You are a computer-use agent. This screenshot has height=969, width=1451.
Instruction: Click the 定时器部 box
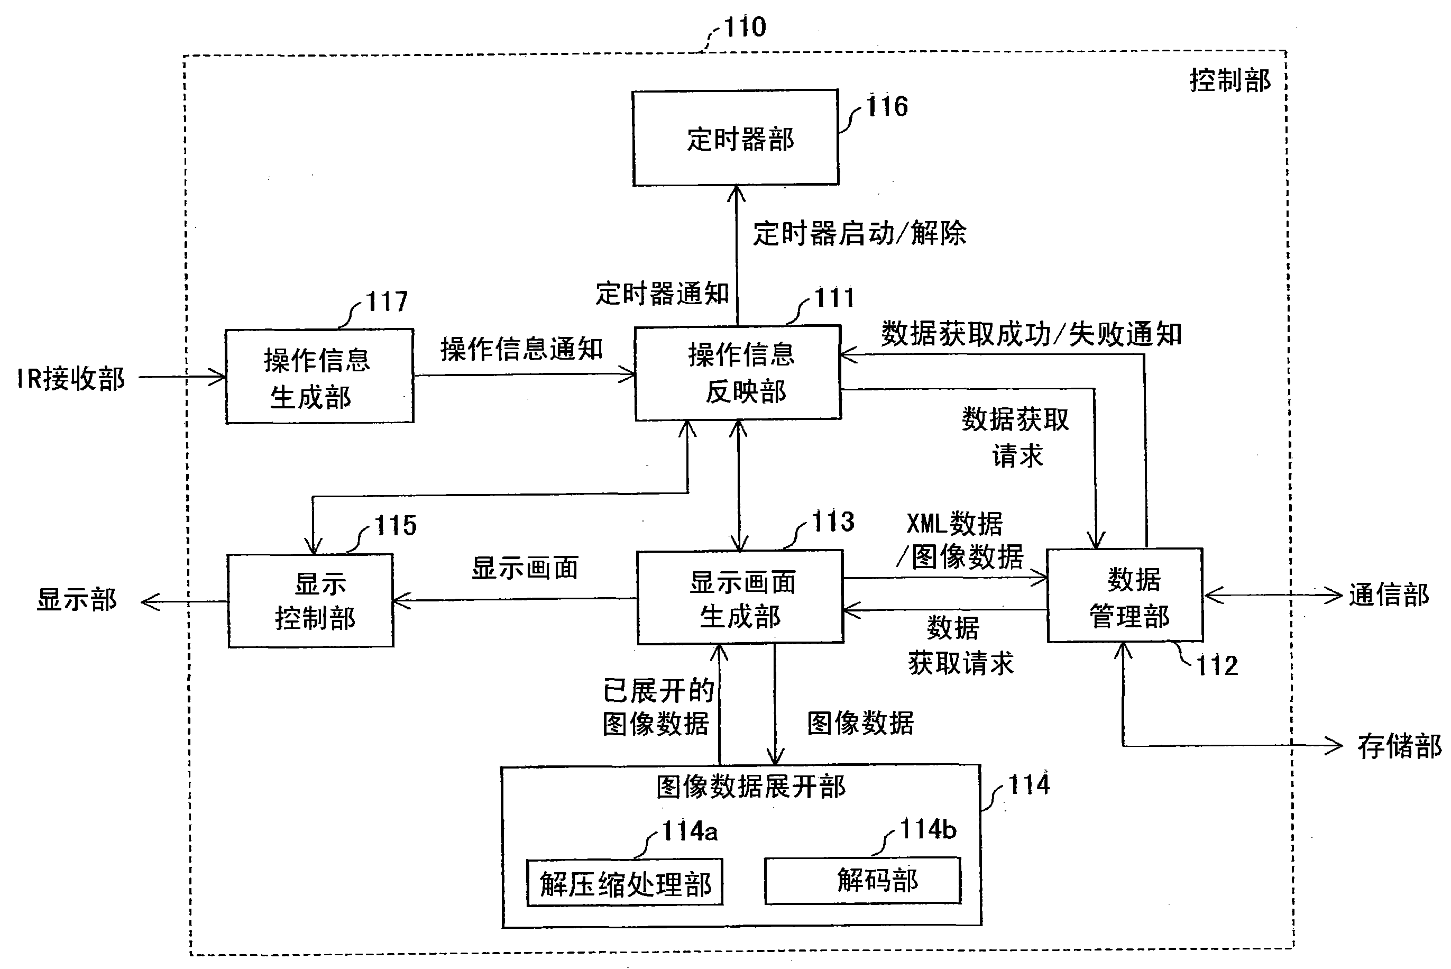[735, 138]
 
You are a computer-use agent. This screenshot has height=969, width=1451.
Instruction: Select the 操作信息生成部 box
[319, 377]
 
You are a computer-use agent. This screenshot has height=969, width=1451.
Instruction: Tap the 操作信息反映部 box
[738, 373]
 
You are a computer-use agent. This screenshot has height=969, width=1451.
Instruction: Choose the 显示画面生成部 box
[740, 598]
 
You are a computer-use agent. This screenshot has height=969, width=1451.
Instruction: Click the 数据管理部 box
[1125, 595]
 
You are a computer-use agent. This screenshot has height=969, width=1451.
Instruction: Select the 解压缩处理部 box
[625, 882]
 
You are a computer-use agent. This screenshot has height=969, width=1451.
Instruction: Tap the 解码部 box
[862, 880]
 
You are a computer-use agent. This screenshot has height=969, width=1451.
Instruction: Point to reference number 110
[745, 27]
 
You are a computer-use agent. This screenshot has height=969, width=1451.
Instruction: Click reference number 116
[887, 107]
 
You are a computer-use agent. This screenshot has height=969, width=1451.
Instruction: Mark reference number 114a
[690, 831]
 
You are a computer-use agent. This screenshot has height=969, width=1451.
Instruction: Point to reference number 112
[1217, 665]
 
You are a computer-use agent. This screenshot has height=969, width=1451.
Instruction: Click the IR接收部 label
[71, 378]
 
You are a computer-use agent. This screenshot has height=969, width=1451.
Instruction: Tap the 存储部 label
[1399, 746]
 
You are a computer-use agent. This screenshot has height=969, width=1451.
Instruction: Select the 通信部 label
[1388, 595]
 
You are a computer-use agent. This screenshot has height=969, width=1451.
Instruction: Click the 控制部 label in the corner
[1230, 81]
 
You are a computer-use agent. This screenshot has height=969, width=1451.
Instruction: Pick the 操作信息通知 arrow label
[521, 349]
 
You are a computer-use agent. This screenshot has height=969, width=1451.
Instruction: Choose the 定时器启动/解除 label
[859, 234]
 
